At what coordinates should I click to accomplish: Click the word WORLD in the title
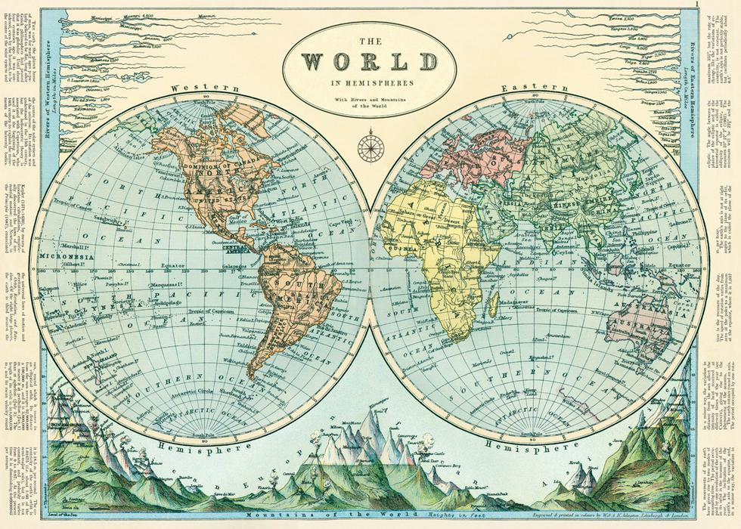[x=370, y=61]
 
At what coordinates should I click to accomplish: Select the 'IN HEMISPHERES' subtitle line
[x=370, y=82]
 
